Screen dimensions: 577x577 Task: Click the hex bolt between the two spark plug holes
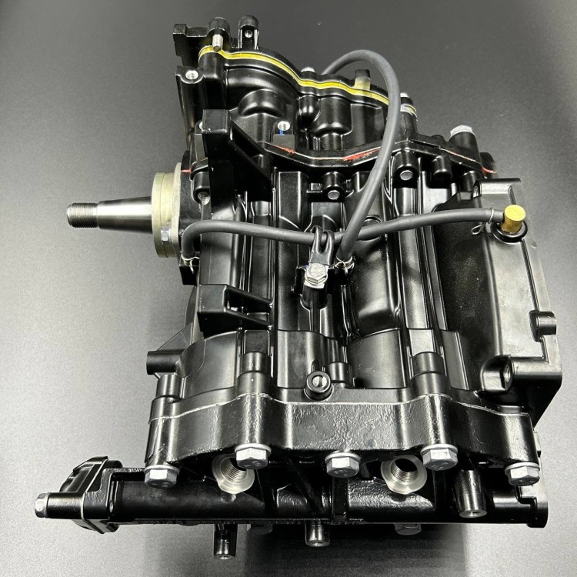pos(342,463)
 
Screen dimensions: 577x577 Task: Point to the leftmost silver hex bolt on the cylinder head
pos(162,475)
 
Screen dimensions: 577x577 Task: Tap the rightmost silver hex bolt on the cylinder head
pos(522,471)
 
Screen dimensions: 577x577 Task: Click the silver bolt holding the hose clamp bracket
pos(316,272)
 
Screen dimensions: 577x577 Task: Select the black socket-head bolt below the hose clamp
pos(317,383)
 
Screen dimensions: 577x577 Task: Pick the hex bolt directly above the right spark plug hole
pos(439,455)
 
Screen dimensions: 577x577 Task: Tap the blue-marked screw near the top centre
pos(284,126)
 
